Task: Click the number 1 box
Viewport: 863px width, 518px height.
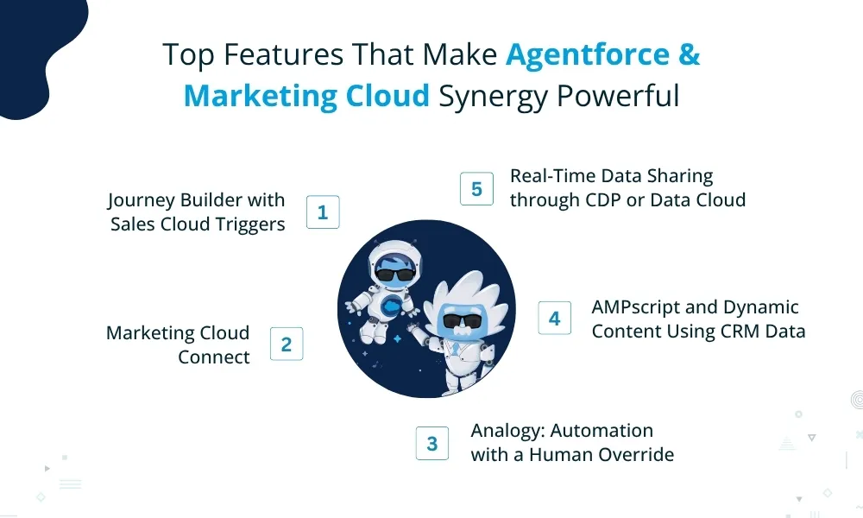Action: pos(323,212)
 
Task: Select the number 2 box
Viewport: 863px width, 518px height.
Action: pos(287,344)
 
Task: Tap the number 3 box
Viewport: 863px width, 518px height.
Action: pos(431,444)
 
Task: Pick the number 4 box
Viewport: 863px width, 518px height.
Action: pos(554,318)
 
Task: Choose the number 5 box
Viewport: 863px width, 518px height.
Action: pos(476,189)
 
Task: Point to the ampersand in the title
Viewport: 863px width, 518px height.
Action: pos(689,55)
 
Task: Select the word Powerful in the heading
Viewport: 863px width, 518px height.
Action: pos(617,96)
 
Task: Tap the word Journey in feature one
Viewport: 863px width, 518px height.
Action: pos(139,200)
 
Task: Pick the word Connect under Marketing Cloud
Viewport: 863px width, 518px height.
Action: pos(214,357)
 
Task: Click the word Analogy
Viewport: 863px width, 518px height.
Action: pos(506,431)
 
